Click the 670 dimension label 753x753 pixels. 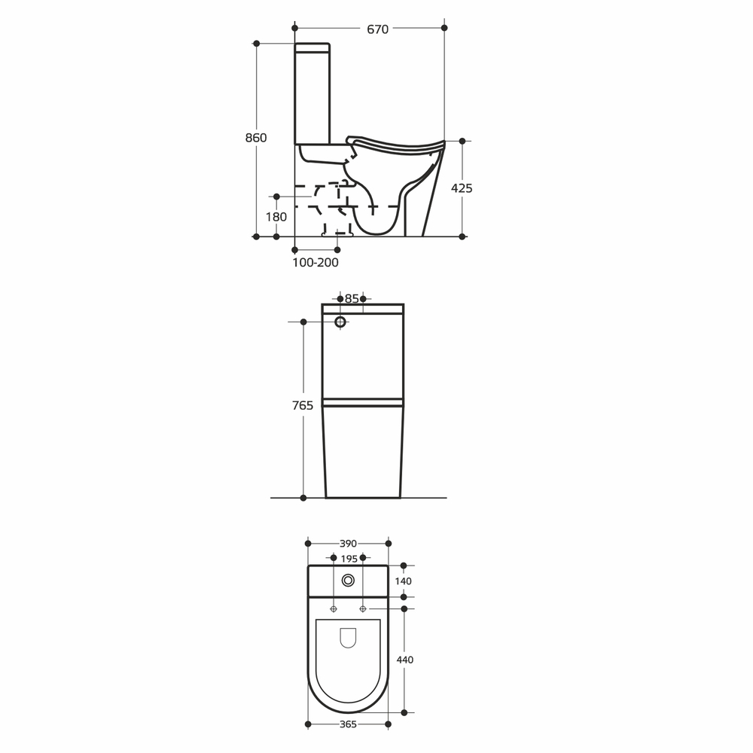click(377, 29)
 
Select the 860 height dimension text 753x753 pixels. click(256, 138)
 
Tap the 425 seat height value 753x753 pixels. click(462, 188)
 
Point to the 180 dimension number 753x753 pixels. click(276, 217)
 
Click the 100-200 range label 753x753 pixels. click(316, 263)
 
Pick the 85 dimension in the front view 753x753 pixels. click(352, 299)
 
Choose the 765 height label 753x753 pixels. click(303, 406)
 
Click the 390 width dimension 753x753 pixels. click(348, 544)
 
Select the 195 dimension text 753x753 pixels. click(349, 559)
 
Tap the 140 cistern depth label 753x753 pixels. click(404, 581)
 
